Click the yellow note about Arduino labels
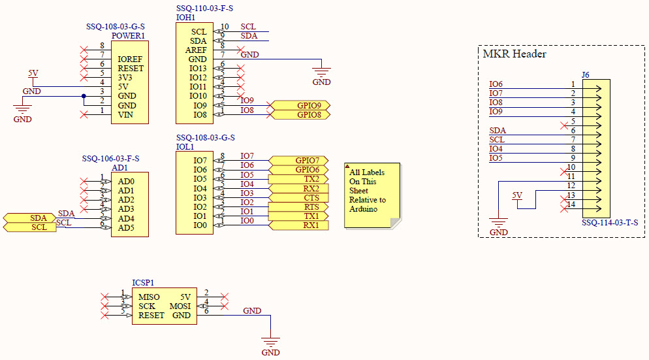(x=371, y=195)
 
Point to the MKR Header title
(x=514, y=54)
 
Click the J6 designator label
(x=585, y=75)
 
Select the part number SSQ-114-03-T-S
(x=609, y=223)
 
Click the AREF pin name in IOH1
(x=197, y=50)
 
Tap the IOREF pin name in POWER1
(x=131, y=59)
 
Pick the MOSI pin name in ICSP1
(x=180, y=306)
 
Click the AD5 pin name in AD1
(x=127, y=228)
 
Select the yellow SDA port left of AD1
(x=29, y=218)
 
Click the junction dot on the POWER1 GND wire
(x=84, y=97)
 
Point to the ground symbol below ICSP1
(x=270, y=342)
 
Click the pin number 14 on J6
(x=571, y=205)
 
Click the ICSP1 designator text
(x=144, y=283)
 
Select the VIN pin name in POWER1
(x=125, y=115)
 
